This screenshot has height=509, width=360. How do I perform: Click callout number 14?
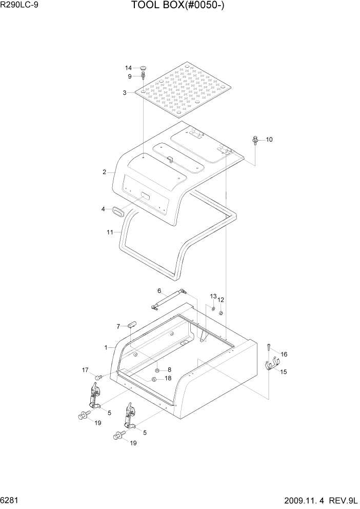129,68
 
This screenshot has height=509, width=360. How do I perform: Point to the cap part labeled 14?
143,67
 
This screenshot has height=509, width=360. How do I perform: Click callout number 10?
269,139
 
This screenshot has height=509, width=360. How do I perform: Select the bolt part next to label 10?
255,140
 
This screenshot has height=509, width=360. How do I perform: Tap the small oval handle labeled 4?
118,210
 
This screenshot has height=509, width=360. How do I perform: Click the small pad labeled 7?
132,324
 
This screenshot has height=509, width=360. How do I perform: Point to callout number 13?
213,297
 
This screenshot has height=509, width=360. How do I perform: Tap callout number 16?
284,354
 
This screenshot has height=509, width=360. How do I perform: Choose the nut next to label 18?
153,379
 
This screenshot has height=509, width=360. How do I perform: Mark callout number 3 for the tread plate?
125,92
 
